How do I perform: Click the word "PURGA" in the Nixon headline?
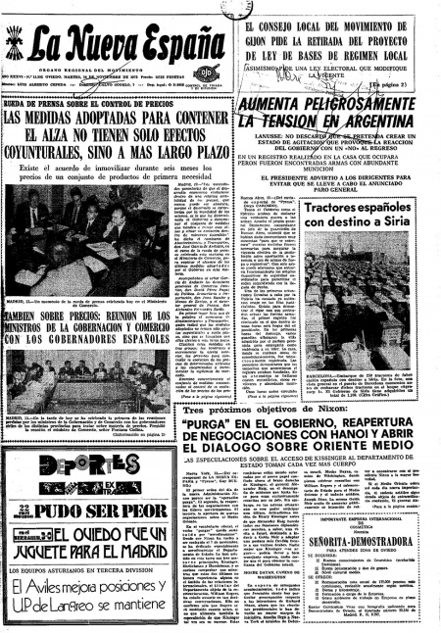tap(212, 425)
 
